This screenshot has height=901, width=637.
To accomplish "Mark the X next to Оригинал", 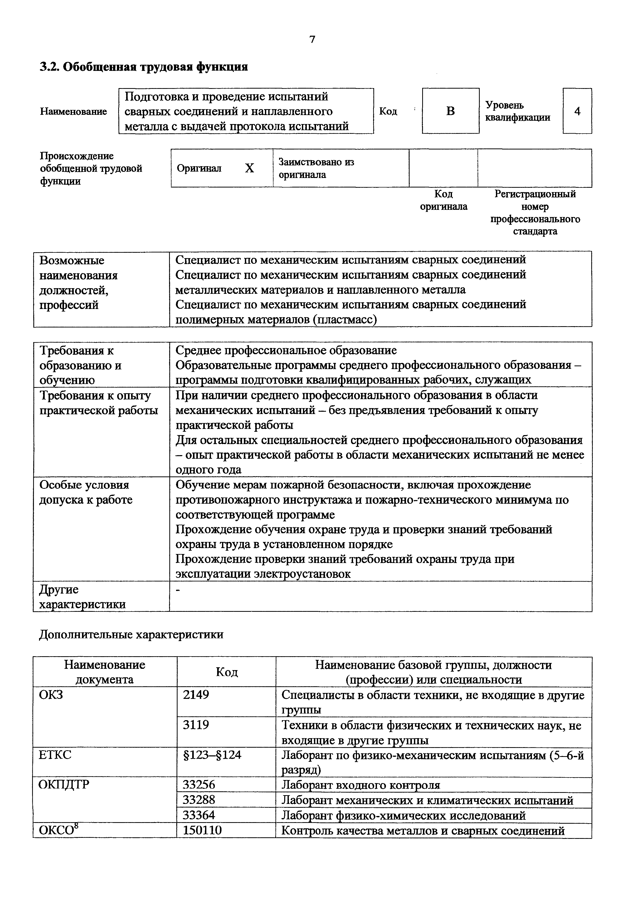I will pyautogui.click(x=249, y=168).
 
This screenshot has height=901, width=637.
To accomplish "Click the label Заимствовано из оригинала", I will pyautogui.click(x=316, y=168).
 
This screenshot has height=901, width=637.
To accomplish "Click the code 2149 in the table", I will pyautogui.click(x=196, y=694).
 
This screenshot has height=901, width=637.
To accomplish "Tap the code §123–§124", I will pyautogui.click(x=212, y=755).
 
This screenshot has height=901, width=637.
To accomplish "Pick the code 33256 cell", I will pyautogui.click(x=199, y=784).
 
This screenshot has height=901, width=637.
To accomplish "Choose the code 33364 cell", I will pyautogui.click(x=199, y=815).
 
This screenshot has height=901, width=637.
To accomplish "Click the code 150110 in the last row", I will pyautogui.click(x=202, y=830).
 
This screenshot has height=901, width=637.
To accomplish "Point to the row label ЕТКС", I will pyautogui.click(x=55, y=755).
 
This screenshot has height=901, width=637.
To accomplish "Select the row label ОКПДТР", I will pyautogui.click(x=63, y=784).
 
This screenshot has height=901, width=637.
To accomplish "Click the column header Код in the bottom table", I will pyautogui.click(x=226, y=672).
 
